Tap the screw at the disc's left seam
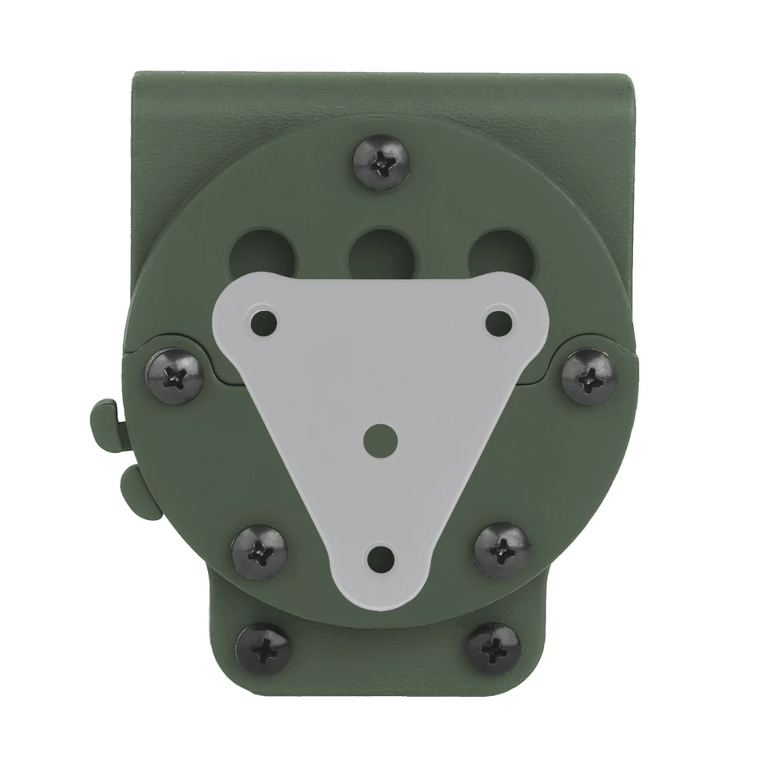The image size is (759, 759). click(x=173, y=371)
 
